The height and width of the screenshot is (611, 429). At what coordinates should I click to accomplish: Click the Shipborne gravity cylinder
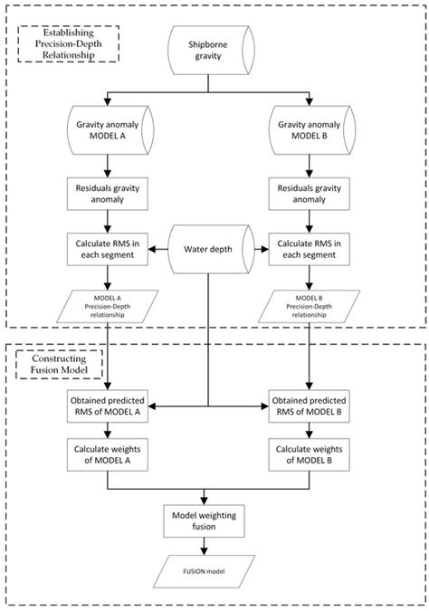(x=211, y=51)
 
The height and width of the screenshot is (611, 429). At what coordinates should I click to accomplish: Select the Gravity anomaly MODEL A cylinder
(x=110, y=130)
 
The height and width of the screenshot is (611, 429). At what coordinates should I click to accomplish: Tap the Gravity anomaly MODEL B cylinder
(x=312, y=130)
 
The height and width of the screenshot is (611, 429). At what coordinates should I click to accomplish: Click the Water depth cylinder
(x=211, y=249)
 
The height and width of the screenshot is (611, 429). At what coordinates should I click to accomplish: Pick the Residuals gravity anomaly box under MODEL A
(x=108, y=194)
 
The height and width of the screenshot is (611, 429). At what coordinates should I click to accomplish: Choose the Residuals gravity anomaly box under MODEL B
(x=309, y=194)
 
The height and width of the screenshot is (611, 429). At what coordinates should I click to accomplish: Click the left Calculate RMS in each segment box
(x=108, y=250)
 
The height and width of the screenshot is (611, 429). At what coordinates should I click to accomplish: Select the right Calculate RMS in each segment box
(x=309, y=250)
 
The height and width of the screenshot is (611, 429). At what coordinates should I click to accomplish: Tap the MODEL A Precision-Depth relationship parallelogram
(x=108, y=306)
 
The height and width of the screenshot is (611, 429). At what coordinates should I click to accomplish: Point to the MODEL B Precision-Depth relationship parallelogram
(x=309, y=306)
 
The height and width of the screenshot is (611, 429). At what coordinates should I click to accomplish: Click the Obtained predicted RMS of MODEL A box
(x=108, y=406)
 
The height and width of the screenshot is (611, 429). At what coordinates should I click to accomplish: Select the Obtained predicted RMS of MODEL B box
(x=309, y=406)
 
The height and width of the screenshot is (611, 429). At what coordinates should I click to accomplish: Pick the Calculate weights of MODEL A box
(x=108, y=454)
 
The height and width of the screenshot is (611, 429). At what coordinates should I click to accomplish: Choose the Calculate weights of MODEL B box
(x=309, y=454)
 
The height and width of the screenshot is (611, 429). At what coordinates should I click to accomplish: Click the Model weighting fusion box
(x=204, y=521)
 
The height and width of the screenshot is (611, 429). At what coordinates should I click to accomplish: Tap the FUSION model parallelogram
(x=204, y=572)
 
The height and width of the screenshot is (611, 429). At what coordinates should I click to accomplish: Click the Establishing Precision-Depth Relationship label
(x=68, y=44)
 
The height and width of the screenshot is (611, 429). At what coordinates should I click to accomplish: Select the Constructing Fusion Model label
(x=59, y=365)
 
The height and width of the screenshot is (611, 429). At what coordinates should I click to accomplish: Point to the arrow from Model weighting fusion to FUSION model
(x=204, y=547)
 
